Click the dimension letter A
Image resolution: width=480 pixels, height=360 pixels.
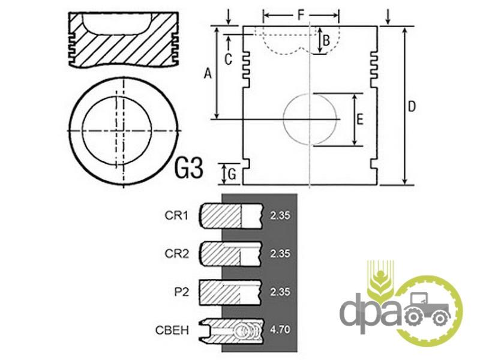208,74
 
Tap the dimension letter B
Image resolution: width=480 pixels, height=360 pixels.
326,40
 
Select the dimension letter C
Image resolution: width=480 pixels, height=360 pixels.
229,59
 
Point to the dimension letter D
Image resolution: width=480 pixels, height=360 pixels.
412,107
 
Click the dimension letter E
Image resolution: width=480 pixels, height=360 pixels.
360,119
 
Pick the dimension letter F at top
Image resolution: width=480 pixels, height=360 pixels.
301,14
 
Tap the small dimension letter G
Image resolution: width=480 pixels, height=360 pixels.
232,175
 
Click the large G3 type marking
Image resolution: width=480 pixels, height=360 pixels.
189,168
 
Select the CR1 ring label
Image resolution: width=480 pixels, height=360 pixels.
176,215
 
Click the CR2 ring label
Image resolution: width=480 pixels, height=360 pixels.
176,254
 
